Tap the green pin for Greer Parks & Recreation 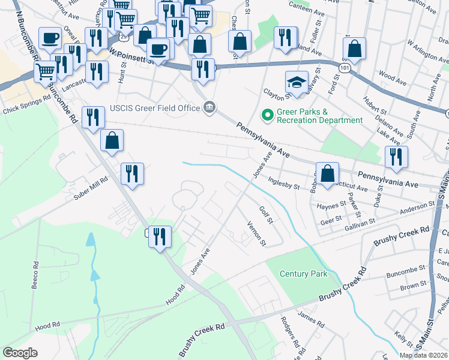[x=265, y=113]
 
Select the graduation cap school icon [x=296, y=83]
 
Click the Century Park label [x=304, y=274]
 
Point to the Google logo [x=20, y=353]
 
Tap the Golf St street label [x=266, y=216]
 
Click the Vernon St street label [x=256, y=233]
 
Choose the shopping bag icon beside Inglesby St [x=327, y=173]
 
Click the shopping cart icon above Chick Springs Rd [x=46, y=71]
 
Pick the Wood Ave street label [x=393, y=77]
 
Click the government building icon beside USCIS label [x=209, y=107]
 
